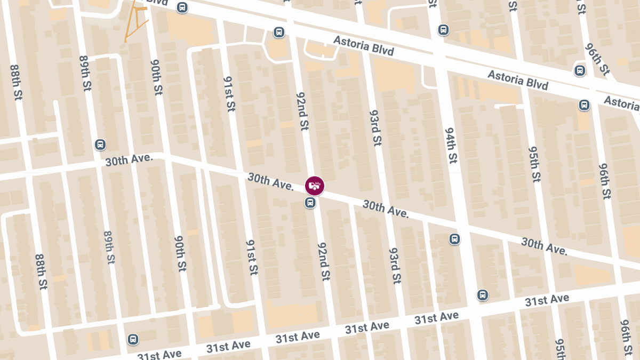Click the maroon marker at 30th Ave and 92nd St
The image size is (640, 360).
pyautogui.click(x=315, y=186)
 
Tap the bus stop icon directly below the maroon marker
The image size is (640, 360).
pyautogui.click(x=310, y=203)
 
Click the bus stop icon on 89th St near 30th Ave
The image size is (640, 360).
pyautogui.click(x=100, y=145)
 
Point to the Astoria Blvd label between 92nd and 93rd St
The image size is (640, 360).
pyautogui.click(x=364, y=46)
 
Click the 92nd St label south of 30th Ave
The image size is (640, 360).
pyautogui.click(x=324, y=261)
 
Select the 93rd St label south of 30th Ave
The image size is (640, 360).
pyautogui.click(x=395, y=265)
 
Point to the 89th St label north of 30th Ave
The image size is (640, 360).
pyautogui.click(x=86, y=73)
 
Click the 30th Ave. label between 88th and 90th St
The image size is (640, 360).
pyautogui.click(x=129, y=160)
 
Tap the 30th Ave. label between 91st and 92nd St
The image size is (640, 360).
pyautogui.click(x=270, y=181)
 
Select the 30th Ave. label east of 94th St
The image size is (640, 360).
pyautogui.click(x=543, y=246)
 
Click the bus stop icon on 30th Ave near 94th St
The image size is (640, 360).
pyautogui.click(x=454, y=239)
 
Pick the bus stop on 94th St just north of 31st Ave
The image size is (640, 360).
pyautogui.click(x=483, y=295)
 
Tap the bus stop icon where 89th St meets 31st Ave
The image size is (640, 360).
pyautogui.click(x=133, y=339)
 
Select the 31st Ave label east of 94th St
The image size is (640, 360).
pyautogui.click(x=547, y=300)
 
